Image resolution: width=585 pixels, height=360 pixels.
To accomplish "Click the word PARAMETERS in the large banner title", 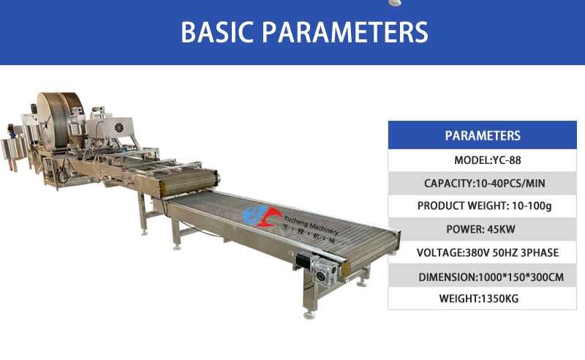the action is (x=345, y=32).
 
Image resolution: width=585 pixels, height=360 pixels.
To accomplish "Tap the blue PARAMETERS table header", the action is (x=483, y=135).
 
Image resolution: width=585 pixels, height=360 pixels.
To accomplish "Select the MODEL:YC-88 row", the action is (x=483, y=160).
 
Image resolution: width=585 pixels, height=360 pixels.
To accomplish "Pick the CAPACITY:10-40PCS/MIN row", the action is (x=483, y=184).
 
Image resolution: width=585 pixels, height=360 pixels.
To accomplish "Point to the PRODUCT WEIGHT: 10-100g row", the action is (x=483, y=206).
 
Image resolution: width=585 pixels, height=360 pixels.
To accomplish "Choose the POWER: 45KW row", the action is (x=483, y=229).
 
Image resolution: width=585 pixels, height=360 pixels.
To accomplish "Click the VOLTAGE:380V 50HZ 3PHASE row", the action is (x=483, y=252).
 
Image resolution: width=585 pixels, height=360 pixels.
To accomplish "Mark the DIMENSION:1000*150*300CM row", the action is (x=483, y=276).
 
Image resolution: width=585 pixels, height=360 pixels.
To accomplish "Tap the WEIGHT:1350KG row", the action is (x=483, y=299).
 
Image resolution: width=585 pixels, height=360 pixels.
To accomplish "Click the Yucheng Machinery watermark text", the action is (x=311, y=224).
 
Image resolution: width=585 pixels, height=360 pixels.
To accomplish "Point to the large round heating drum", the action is (x=60, y=119).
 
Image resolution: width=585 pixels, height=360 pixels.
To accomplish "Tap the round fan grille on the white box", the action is (x=118, y=127).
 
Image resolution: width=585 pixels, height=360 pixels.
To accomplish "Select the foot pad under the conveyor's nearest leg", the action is (x=309, y=315).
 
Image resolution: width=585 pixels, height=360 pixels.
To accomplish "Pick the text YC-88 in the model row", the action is (x=507, y=160).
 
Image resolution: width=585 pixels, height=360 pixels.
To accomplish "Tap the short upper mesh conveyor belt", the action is (x=189, y=181).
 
